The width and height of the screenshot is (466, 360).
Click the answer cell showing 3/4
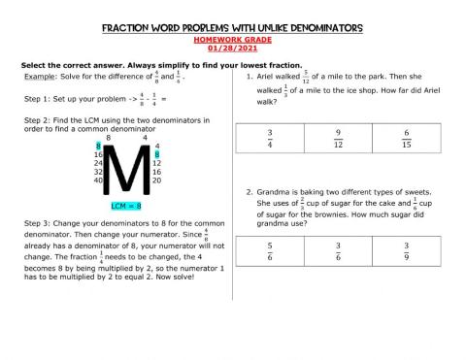pyautogui.click(x=270, y=138)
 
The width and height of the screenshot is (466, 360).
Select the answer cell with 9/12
pyautogui.click(x=338, y=138)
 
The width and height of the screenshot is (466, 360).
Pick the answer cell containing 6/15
pyautogui.click(x=406, y=138)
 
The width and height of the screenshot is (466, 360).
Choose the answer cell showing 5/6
pyautogui.click(x=270, y=251)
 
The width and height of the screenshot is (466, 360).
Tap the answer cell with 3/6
pyautogui.click(x=338, y=251)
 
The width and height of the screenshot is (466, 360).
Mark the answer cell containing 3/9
pyautogui.click(x=406, y=251)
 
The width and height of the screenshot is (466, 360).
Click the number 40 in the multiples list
pyautogui.click(x=98, y=180)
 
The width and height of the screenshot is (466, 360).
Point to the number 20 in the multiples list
pyautogui.click(x=157, y=180)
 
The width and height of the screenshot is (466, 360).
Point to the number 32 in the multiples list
pyautogui.click(x=98, y=172)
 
